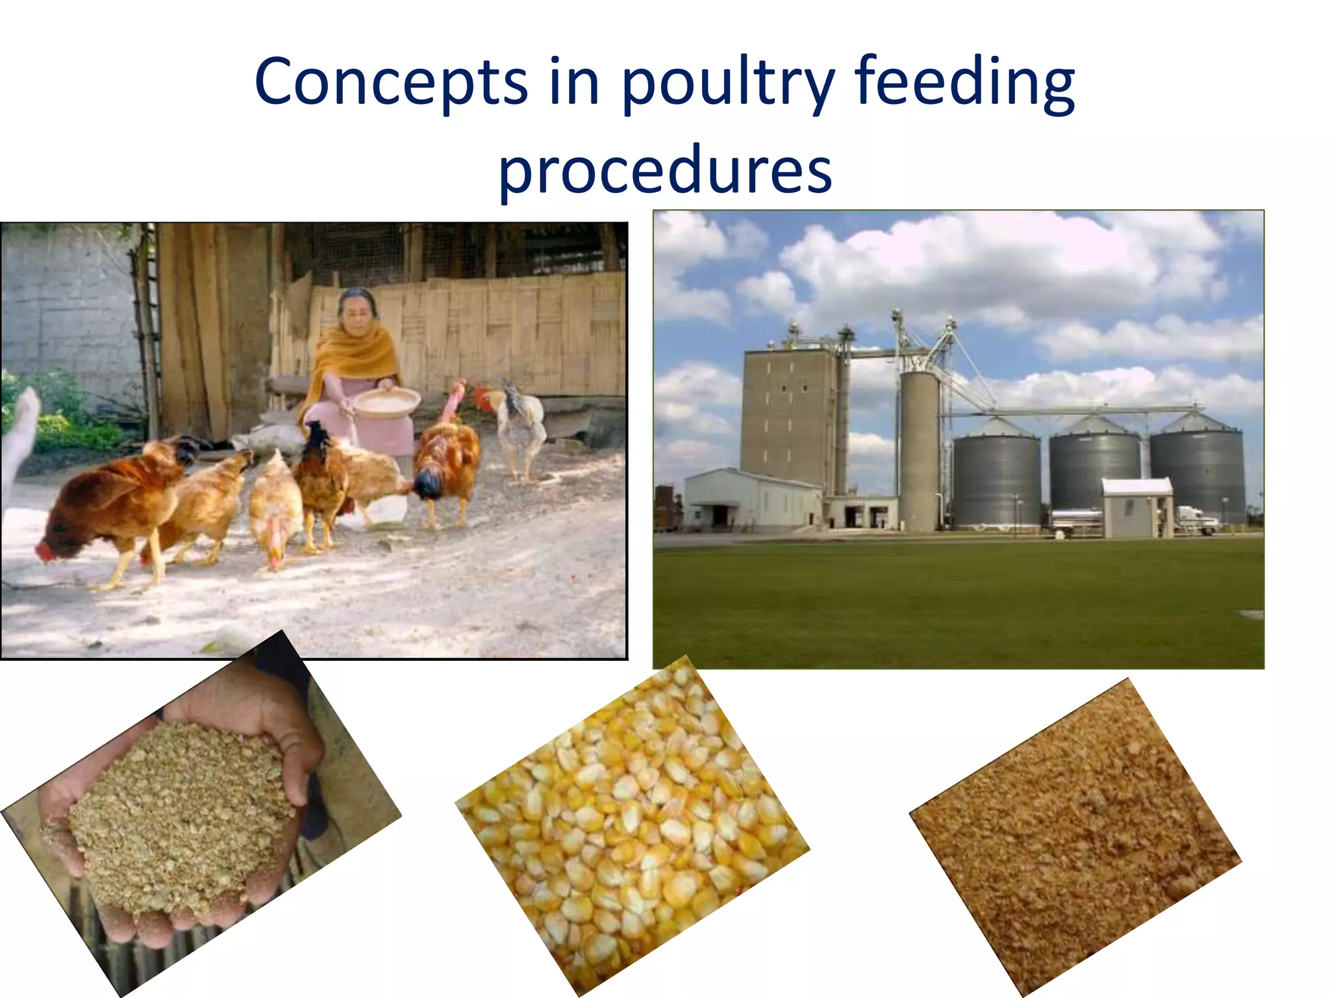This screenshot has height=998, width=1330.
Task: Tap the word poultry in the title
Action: pos(727,83)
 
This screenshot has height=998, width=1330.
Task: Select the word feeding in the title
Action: pos(965,83)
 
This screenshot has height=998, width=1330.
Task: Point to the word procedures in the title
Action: pos(665,170)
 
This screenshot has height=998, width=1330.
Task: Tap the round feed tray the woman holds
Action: pos(386,400)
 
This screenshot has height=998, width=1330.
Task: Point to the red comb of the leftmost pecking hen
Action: pos(44,552)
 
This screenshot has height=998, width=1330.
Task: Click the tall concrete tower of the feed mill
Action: pos(788,416)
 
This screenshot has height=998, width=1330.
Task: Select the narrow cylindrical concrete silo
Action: pos(919,448)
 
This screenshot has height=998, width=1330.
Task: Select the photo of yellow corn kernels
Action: pos(633,825)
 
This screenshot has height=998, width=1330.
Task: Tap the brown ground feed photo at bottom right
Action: pos(1075,838)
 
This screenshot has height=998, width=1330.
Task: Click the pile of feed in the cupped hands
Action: pos(175,819)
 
